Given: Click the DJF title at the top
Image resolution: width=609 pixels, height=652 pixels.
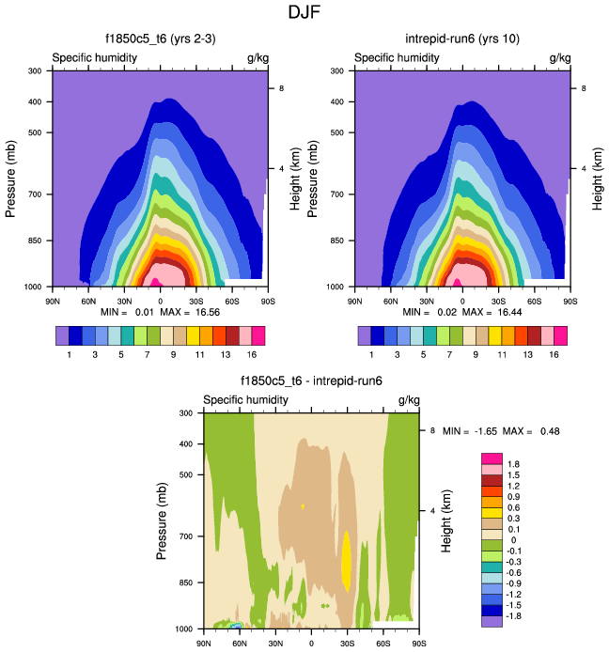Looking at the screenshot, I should (304, 13).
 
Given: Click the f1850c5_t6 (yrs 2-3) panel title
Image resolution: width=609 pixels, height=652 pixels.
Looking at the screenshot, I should (160, 39).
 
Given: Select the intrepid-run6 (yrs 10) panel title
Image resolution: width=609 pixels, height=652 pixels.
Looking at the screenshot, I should (461, 39).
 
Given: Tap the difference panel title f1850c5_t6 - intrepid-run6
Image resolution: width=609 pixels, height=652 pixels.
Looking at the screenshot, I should (311, 381).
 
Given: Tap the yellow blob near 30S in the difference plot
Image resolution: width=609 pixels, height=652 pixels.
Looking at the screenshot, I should (347, 560).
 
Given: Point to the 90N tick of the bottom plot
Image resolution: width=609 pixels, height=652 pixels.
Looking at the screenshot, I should (203, 644).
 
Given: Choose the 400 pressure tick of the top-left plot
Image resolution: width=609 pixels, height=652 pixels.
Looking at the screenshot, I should (34, 101).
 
